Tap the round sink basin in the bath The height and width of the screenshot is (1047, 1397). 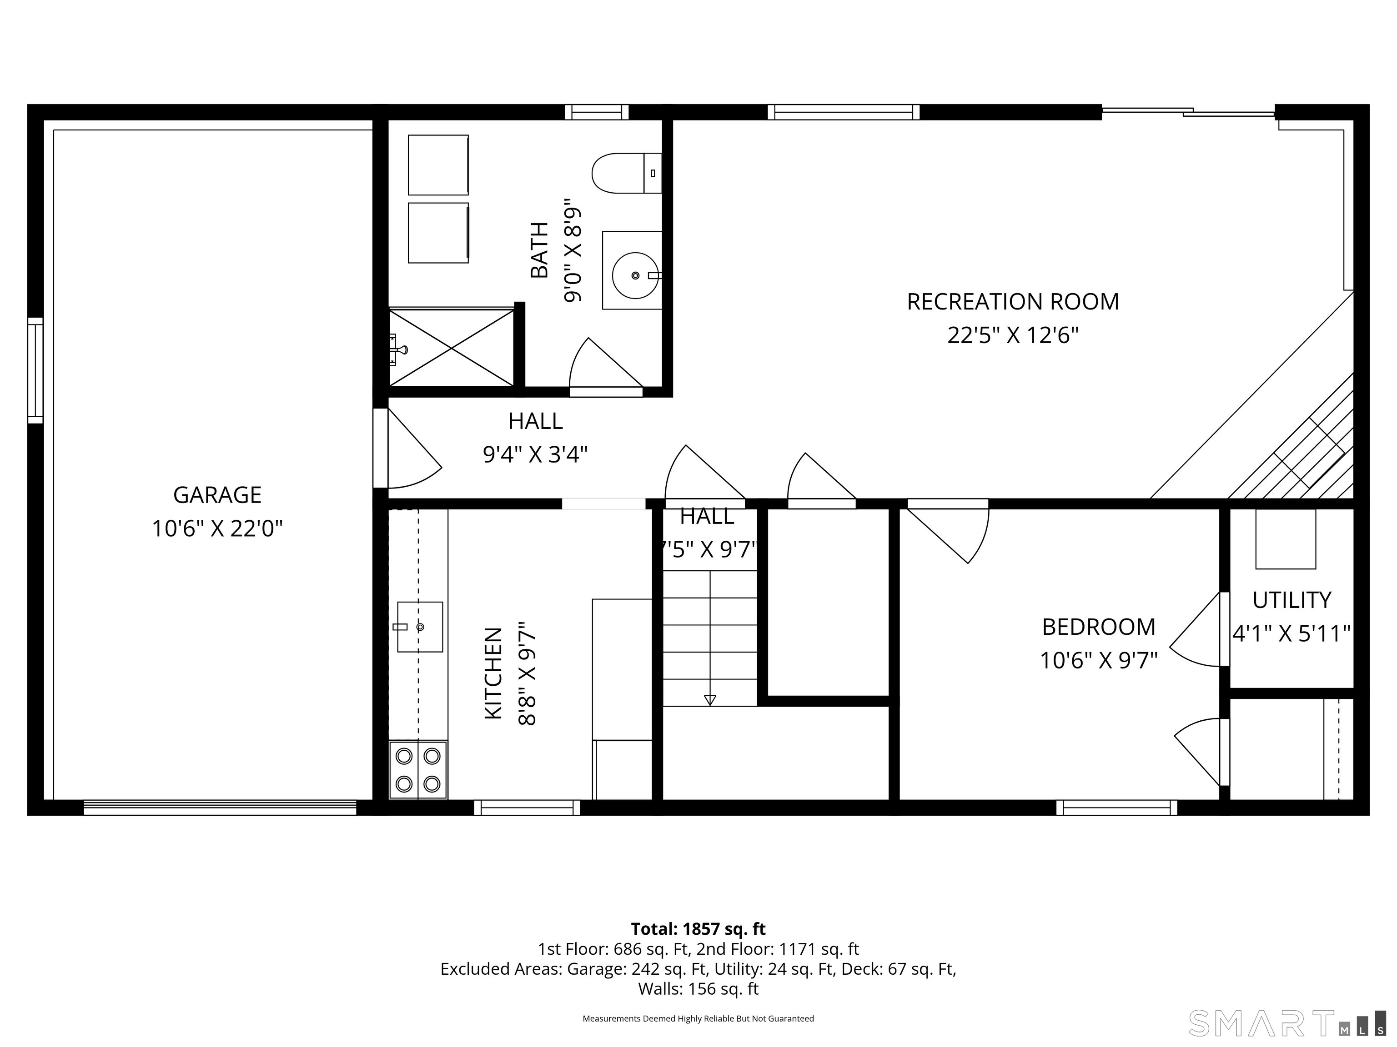click(635, 276)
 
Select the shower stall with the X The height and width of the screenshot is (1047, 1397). click(451, 347)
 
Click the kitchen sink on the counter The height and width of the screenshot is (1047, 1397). click(419, 627)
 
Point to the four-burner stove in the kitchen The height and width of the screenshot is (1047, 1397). click(418, 769)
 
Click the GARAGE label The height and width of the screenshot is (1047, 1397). click(217, 495)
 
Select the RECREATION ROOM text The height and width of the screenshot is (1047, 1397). click(1012, 302)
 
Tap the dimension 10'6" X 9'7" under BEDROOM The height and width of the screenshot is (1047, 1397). click(1098, 661)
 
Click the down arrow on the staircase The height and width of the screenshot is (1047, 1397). click(710, 699)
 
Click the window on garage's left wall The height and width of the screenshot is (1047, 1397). click(35, 370)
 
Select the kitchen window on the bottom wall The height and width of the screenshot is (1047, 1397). click(527, 807)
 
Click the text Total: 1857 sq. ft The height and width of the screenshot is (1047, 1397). click(698, 929)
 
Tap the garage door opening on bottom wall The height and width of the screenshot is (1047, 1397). click(220, 807)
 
